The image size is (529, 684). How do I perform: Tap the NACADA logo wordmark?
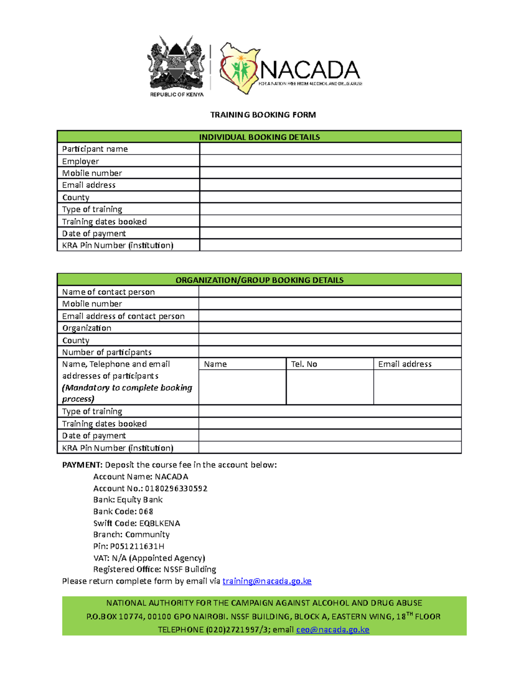pos(309,70)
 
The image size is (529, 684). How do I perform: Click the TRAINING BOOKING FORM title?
pos(263,115)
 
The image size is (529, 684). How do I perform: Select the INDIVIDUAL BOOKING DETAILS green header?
pos(259,137)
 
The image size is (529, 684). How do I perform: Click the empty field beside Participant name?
pos(330,149)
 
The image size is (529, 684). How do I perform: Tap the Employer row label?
pos(81,161)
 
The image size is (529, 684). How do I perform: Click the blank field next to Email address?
pos(330,185)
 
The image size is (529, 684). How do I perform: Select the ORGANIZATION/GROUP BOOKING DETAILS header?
pos(259,280)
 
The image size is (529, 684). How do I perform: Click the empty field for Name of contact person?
pos(330,292)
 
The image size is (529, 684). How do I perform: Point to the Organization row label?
pos(87,328)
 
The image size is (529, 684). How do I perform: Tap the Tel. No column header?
pos(304,364)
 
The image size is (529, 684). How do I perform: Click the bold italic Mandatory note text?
pos(127,393)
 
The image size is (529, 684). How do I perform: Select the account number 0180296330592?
pos(176,488)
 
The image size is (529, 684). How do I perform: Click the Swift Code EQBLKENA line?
pos(137,523)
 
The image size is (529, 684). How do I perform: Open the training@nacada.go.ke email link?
pos(267,581)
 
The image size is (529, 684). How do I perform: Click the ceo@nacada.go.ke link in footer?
pos(332,629)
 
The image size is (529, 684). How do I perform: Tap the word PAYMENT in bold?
pos(82,465)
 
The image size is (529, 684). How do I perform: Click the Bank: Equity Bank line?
pos(128,500)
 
